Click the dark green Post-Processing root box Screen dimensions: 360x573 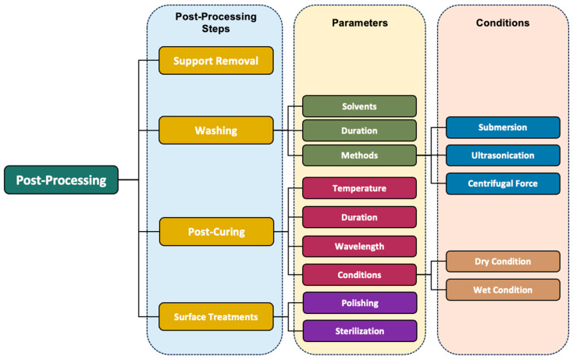point(61,180)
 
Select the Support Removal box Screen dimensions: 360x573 point(216,60)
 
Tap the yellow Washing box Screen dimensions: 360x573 point(216,130)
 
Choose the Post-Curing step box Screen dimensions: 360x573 point(216,231)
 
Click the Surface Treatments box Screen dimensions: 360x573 point(216,316)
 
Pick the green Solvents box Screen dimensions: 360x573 point(359,106)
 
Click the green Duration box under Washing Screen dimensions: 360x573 point(359,130)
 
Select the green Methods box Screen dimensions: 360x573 point(359,155)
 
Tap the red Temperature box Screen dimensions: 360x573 point(359,188)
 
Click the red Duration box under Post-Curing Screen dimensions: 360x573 point(359,217)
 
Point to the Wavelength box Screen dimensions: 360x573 point(359,246)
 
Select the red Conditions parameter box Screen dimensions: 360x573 point(359,274)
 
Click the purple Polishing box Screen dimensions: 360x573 point(359,302)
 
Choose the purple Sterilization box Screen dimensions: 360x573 point(359,330)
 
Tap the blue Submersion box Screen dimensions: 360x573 point(503,127)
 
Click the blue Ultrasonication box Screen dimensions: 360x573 point(503,155)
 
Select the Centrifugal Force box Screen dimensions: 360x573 point(503,184)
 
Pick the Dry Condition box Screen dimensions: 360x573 point(503,262)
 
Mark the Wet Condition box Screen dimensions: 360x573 point(503,290)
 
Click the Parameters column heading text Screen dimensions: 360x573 point(359,23)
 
